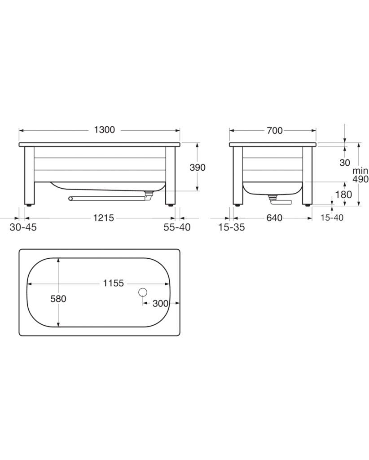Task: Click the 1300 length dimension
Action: [x=104, y=130]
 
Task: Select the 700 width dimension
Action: [x=275, y=130]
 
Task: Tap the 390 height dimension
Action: [x=198, y=168]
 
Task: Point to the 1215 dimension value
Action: [x=103, y=218]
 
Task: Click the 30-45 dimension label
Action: [x=23, y=227]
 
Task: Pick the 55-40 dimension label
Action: [x=177, y=227]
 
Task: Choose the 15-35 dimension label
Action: [x=232, y=227]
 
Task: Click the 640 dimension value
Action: [x=274, y=218]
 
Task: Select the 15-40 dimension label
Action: [x=332, y=217]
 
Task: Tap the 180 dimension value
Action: [x=343, y=194]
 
